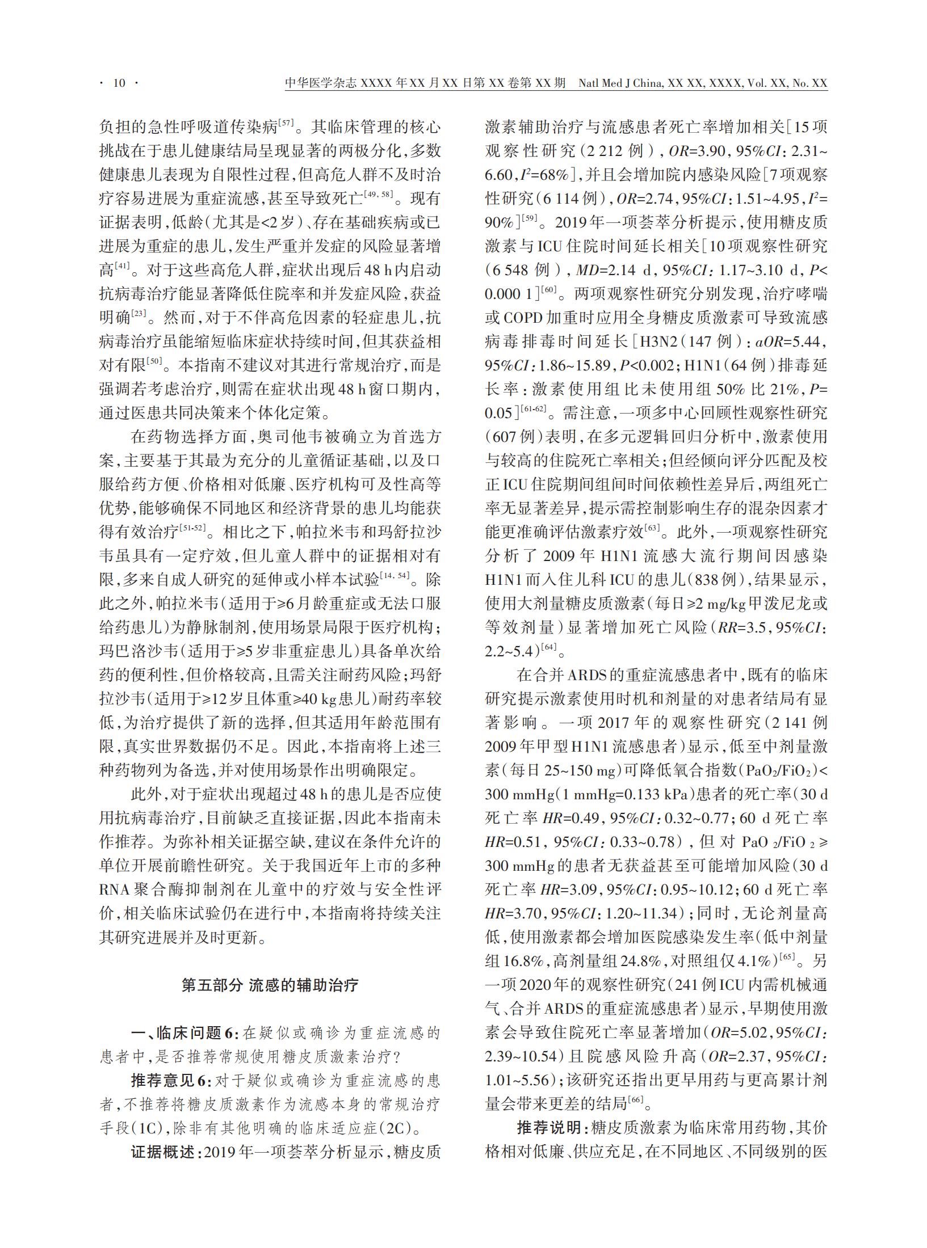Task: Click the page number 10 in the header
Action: (x=119, y=83)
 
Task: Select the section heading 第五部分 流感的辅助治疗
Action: (x=270, y=985)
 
